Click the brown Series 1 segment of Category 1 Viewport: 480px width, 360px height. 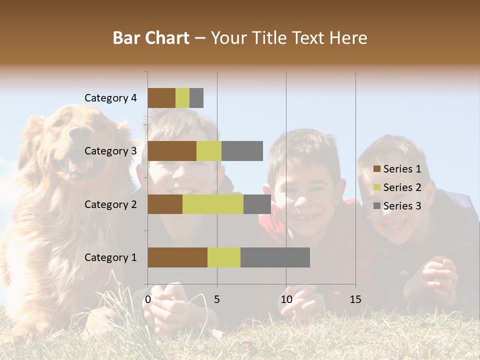177,257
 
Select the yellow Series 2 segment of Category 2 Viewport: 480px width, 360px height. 213,204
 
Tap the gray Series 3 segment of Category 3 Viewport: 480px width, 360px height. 242,151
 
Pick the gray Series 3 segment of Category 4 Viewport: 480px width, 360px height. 196,98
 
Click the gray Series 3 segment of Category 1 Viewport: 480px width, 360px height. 275,257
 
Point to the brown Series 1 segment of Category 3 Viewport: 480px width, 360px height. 172,151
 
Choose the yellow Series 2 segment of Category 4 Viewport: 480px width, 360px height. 182,98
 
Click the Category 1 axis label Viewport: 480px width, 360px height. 110,257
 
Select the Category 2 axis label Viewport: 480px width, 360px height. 110,204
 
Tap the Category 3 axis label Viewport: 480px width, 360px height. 110,151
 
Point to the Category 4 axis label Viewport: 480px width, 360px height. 110,98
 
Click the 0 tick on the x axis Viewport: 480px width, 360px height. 148,299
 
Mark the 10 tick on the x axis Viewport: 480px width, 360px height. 286,299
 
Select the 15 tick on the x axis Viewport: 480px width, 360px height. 355,299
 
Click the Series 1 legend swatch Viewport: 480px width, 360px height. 376,169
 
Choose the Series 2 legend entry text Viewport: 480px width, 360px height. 402,187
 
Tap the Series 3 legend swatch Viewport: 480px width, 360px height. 376,206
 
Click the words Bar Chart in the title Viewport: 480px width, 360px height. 151,38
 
